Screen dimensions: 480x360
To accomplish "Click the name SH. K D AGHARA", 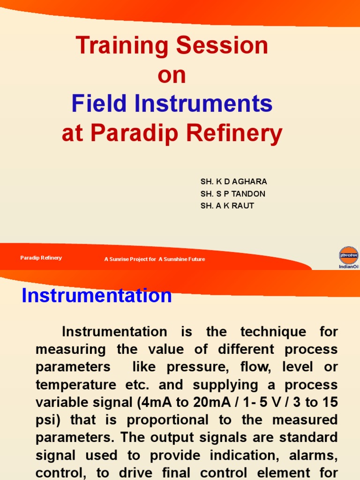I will pos(233,181).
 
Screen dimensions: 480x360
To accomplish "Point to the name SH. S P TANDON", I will pos(233,194).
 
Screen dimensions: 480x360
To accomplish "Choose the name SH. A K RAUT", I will pos(227,206).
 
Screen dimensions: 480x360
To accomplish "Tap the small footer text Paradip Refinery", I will pos(41,258).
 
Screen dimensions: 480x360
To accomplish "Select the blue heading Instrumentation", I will pos(97,296).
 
